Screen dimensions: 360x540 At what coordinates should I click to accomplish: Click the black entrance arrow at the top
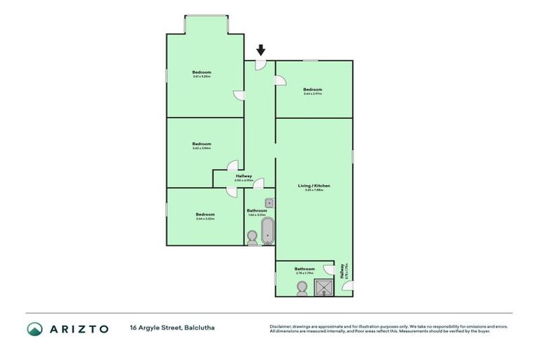(x=261, y=50)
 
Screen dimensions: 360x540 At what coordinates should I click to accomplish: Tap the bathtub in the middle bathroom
(x=267, y=230)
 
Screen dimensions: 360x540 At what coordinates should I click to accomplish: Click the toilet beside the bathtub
(x=252, y=238)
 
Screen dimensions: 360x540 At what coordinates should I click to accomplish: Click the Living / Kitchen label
(x=313, y=186)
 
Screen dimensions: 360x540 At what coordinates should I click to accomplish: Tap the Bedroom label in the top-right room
(x=313, y=89)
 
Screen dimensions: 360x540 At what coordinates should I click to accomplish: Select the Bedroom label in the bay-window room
(x=202, y=72)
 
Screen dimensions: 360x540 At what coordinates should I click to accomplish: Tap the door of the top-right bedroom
(x=281, y=81)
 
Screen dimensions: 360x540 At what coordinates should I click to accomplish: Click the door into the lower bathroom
(x=327, y=269)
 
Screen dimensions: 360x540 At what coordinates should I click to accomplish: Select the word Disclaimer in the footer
(x=281, y=326)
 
